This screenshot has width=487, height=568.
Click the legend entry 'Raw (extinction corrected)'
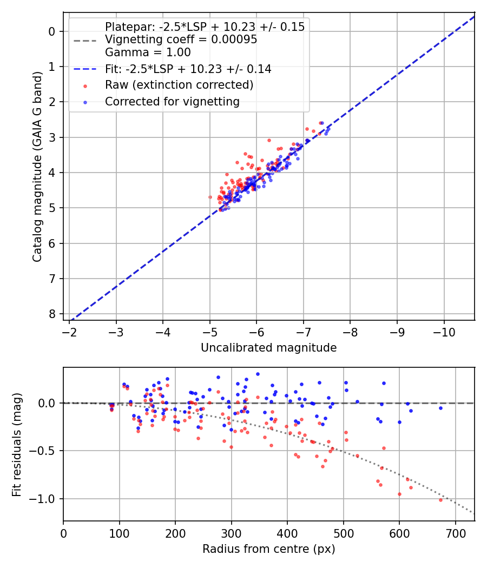pyautogui.click(x=179, y=85)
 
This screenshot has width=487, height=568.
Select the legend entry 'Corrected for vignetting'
pyautogui.click(x=172, y=101)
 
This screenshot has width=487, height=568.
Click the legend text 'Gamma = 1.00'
pyautogui.click(x=148, y=52)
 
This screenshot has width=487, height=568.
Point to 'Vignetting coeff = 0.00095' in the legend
pyautogui.click(x=181, y=39)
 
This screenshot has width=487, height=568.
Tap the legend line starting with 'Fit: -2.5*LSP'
pyautogui.click(x=188, y=69)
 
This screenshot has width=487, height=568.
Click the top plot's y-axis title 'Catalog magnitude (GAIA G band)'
pyautogui.click(x=37, y=166)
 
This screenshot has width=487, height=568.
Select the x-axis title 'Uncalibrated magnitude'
pyautogui.click(x=268, y=348)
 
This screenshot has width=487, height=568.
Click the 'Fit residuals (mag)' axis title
pyautogui.click(x=17, y=444)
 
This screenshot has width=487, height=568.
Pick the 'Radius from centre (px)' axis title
pyautogui.click(x=268, y=549)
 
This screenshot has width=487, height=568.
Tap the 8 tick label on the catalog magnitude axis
pyautogui.click(x=52, y=314)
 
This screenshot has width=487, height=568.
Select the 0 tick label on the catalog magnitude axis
pyautogui.click(x=52, y=31)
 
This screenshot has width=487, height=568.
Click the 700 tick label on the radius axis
pyautogui.click(x=455, y=532)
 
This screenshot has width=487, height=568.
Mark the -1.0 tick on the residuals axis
pyautogui.click(x=46, y=499)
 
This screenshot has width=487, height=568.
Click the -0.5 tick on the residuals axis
pyautogui.click(x=46, y=451)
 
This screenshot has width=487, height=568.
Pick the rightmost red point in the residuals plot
pyautogui.click(x=440, y=500)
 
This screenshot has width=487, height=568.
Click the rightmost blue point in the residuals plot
pyautogui.click(x=440, y=408)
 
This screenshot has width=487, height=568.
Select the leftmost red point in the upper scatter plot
pyautogui.click(x=210, y=197)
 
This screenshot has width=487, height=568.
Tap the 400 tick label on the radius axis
pyautogui.click(x=287, y=532)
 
